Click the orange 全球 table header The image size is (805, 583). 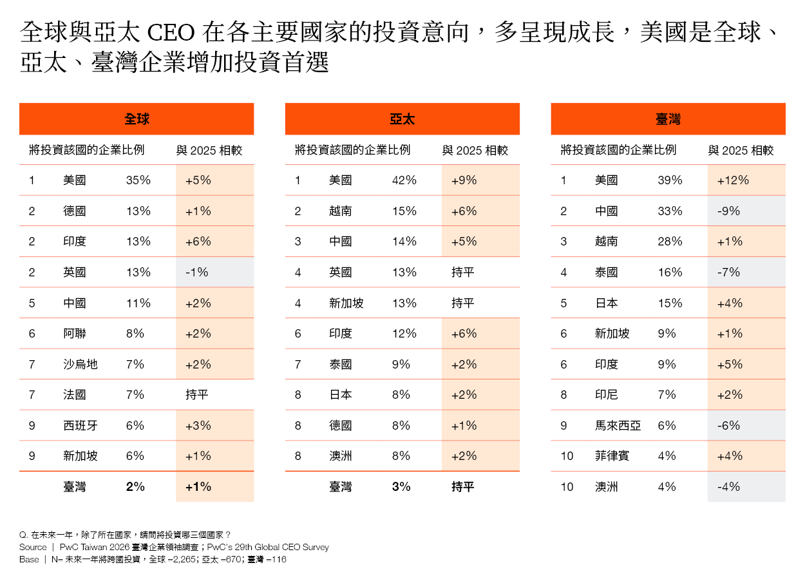pos(137,119)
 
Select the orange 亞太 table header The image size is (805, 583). pos(402,119)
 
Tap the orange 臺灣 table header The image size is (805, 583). pos(668,119)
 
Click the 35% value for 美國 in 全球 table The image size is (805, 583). pos(138,180)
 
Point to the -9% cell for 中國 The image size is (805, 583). pos(728,211)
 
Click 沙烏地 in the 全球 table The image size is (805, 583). pos(80,364)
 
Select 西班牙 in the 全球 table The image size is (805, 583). pos(80,425)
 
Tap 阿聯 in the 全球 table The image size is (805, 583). pos(75,334)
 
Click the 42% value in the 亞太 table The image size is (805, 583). pos(404,180)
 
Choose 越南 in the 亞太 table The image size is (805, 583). pos(341,211)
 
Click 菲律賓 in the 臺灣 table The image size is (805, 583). pos(612,456)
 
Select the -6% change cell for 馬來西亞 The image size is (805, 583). pos(728,425)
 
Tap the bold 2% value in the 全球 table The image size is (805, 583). pos(135,487)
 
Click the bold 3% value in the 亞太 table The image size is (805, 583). pos(401,487)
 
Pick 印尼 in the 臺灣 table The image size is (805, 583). pos(607,395)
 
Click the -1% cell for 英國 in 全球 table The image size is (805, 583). pos(196,272)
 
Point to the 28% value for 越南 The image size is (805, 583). pos(670,242)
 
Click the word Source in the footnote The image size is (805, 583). pos(33,547)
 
